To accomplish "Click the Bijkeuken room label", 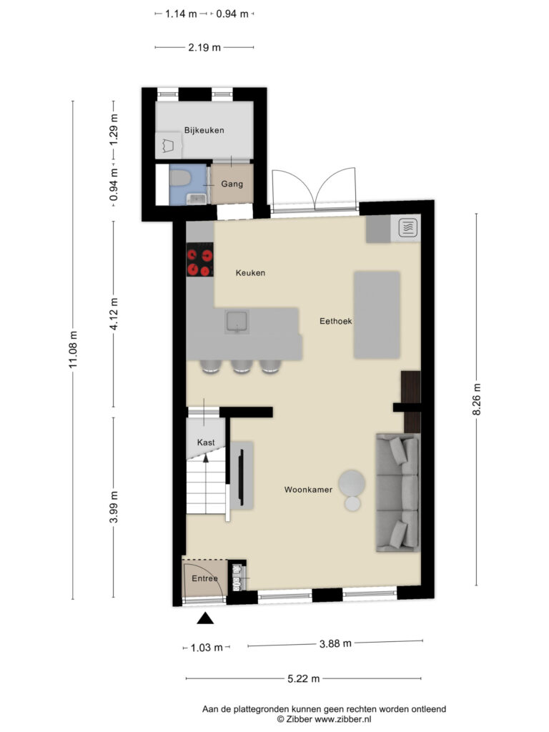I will pos(204,130).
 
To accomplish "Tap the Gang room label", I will pos(231,184).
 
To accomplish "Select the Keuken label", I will pos(251,272).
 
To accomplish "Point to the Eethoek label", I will pos(335,322).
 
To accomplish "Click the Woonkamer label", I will pos(308,490).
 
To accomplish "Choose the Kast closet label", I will pos(206,442).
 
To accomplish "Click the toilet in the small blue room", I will pos(180,177).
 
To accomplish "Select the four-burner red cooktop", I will pos(200,261).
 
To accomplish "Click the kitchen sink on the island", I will pos(236,322).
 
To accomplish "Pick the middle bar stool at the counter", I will pos(240,366).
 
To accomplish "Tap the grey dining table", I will pos(377,315).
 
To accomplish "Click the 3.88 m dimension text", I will pos(335,643).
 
